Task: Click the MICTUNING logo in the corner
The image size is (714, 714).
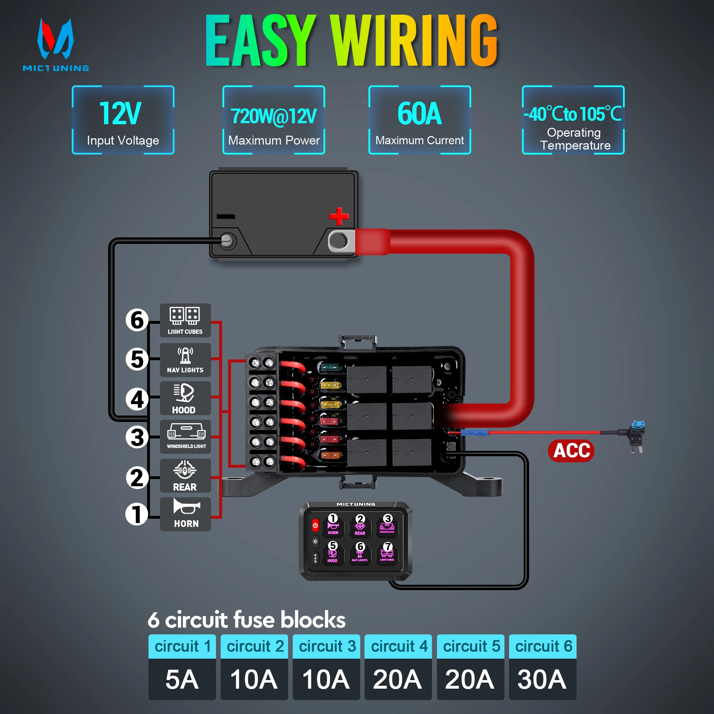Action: point(55,44)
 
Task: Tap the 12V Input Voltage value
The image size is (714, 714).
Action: point(120,114)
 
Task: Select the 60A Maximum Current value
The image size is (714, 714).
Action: point(419,114)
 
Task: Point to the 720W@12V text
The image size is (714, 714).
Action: point(273,116)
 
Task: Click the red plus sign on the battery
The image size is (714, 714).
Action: point(339,216)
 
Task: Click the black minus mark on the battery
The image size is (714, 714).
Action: point(226,216)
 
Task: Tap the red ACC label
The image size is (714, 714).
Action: point(571,451)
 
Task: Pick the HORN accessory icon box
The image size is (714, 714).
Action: point(185,514)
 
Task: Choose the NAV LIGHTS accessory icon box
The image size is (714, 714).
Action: point(185,359)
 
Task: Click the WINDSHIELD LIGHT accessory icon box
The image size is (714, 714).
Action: point(185,437)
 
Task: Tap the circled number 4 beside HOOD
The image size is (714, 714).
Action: point(137,399)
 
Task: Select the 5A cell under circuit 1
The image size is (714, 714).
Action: point(182,679)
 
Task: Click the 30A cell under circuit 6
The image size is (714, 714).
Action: point(542,679)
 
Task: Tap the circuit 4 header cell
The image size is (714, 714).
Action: point(398,647)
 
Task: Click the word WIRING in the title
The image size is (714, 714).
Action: point(414,41)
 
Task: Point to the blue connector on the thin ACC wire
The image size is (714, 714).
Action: point(475,432)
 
